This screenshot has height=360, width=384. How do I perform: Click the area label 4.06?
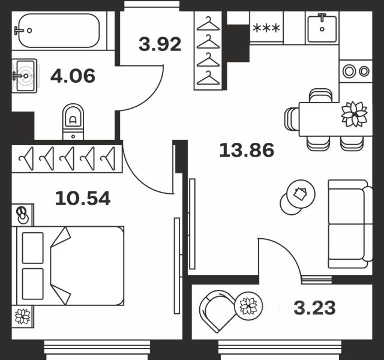(73, 76)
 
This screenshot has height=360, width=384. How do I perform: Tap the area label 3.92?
(160, 44)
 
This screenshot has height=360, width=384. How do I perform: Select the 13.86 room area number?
(247, 150)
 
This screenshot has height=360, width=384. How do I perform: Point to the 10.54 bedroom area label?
(83, 199)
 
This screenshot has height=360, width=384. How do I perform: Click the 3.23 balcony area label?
(314, 308)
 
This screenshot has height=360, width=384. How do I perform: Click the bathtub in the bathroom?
(59, 31)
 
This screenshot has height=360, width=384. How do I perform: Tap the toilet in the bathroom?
(73, 122)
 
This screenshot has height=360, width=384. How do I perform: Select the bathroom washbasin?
(25, 76)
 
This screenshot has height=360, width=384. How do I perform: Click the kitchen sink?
(322, 28)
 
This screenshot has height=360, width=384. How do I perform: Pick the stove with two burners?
(356, 71)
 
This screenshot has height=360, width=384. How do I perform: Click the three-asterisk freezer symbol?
(266, 28)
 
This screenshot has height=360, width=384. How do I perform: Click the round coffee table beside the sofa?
(301, 194)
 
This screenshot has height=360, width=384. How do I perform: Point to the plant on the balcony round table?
(248, 305)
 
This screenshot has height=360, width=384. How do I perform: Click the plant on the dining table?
(354, 114)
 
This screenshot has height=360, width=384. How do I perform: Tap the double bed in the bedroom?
(70, 266)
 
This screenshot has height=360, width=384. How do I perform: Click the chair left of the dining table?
(292, 119)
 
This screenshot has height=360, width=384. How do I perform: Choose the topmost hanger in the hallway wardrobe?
(208, 24)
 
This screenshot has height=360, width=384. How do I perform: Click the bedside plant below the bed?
(23, 316)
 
